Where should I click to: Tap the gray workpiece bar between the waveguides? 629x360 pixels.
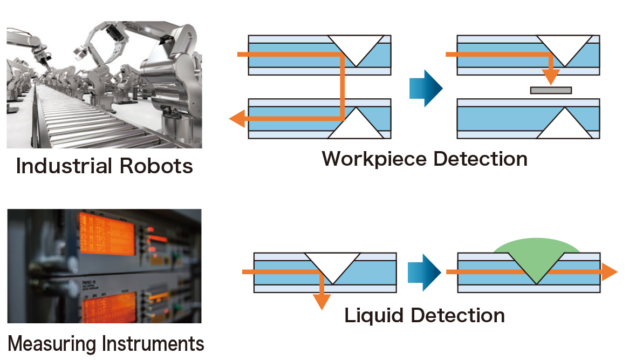[550, 90]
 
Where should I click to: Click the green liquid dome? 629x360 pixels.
[537, 246]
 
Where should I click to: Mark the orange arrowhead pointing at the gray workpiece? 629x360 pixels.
[550, 79]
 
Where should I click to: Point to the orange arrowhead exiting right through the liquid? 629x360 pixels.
[609, 272]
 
